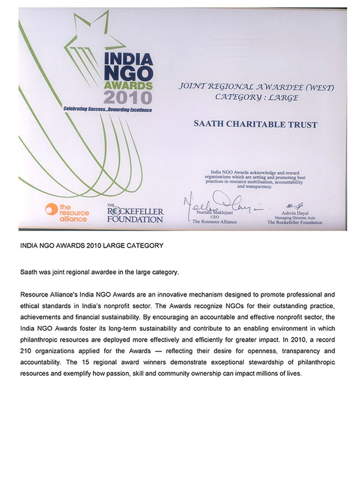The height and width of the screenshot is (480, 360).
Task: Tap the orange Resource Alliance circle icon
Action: (x=51, y=209)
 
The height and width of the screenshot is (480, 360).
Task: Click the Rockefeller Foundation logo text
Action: (x=135, y=214)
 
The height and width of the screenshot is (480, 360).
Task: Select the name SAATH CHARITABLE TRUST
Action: (x=255, y=124)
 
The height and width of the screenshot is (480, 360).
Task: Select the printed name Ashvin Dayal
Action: (x=295, y=213)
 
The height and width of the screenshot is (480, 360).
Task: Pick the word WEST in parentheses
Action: (x=318, y=87)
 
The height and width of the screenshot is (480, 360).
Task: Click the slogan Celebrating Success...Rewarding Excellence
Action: (x=108, y=110)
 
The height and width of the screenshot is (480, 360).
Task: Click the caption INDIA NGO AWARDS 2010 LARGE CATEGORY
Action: (x=92, y=245)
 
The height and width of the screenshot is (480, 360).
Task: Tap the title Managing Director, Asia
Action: (x=295, y=217)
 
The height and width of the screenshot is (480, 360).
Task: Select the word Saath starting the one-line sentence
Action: (x=28, y=272)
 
